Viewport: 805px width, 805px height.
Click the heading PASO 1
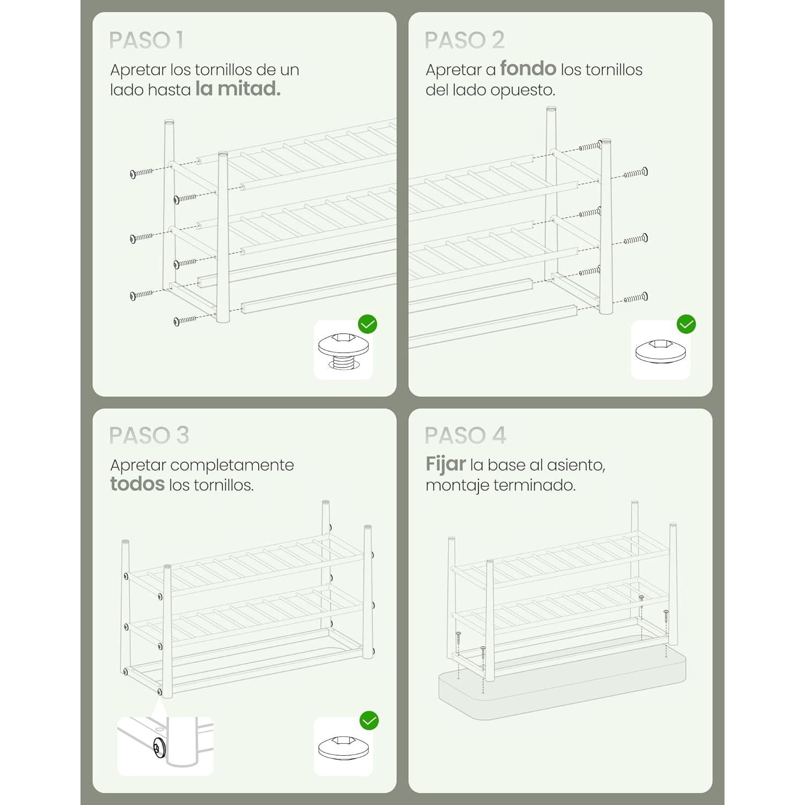pos(146,40)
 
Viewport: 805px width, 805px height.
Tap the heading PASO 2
pos(464,40)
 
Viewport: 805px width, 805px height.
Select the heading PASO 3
pos(149,435)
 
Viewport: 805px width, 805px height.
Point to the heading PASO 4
pos(465,435)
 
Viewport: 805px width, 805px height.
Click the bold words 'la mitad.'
pos(238,89)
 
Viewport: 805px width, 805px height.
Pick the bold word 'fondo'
pos(528,69)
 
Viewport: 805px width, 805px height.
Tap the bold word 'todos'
pos(137,484)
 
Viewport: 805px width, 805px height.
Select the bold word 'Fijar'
pos(445,465)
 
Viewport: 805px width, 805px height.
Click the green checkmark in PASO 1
pos(368,324)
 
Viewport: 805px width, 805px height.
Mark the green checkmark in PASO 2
pos(686,324)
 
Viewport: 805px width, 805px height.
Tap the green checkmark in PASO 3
pos(369,720)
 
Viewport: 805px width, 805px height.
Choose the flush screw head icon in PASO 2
pos(661,351)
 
